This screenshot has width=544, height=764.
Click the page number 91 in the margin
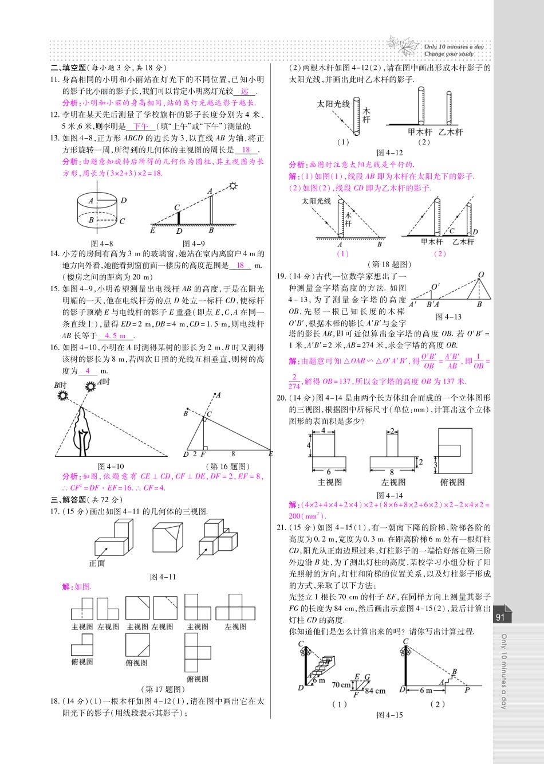pos(500,617)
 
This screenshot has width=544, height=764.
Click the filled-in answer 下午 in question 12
pos(140,126)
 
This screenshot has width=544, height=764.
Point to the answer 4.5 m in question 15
pos(116,336)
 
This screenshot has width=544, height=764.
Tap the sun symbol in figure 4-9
pos(233,186)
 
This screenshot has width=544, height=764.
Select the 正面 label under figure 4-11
pos(97,563)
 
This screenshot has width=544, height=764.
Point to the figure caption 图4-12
pos(390,153)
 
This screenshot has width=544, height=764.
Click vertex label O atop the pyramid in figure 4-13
pos(481,275)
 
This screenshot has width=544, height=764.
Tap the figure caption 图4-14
pos(390,495)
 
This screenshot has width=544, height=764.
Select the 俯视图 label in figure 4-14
pos(452,482)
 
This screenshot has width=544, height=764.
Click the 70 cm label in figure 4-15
pos(341,684)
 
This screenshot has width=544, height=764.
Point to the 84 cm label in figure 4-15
pos(375,691)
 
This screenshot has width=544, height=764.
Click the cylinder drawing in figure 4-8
pos(98,210)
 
